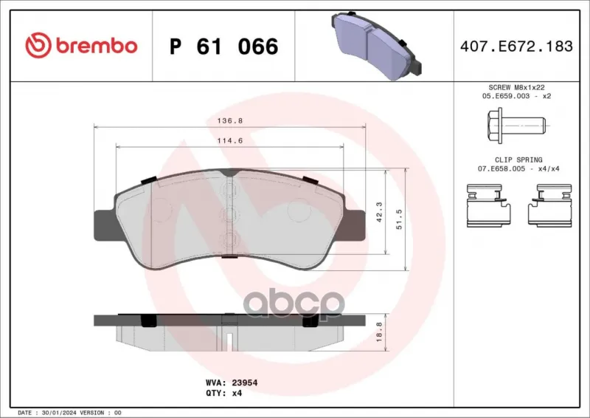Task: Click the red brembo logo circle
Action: point(38,46)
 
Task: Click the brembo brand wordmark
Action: point(97,46)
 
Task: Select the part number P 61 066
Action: point(224,47)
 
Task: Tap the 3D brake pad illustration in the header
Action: point(376,45)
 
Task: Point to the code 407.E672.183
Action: point(516,46)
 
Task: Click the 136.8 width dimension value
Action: point(230,121)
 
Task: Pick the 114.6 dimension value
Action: point(230,140)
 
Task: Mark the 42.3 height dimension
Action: point(378,212)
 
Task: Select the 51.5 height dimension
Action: point(399,219)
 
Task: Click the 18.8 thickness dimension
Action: point(378,332)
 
